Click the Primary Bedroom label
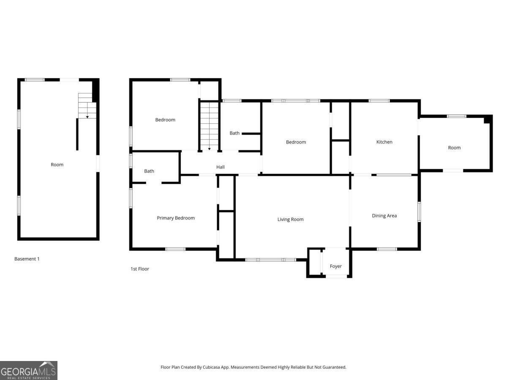[x=175, y=218]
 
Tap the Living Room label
[x=290, y=220]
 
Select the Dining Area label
[x=384, y=216]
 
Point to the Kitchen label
[x=384, y=142]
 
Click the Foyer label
[x=335, y=266]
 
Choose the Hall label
[x=221, y=167]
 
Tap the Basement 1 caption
[x=27, y=259]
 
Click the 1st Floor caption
[x=140, y=269]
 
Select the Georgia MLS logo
[x=29, y=370]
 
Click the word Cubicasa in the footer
[x=211, y=367]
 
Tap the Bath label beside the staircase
[x=234, y=133]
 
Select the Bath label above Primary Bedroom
[x=149, y=171]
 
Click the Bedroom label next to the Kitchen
[x=296, y=142]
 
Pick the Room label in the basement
[x=57, y=165]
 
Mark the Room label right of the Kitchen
[x=454, y=148]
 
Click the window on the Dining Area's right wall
[x=419, y=212]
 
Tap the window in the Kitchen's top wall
[x=379, y=101]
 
